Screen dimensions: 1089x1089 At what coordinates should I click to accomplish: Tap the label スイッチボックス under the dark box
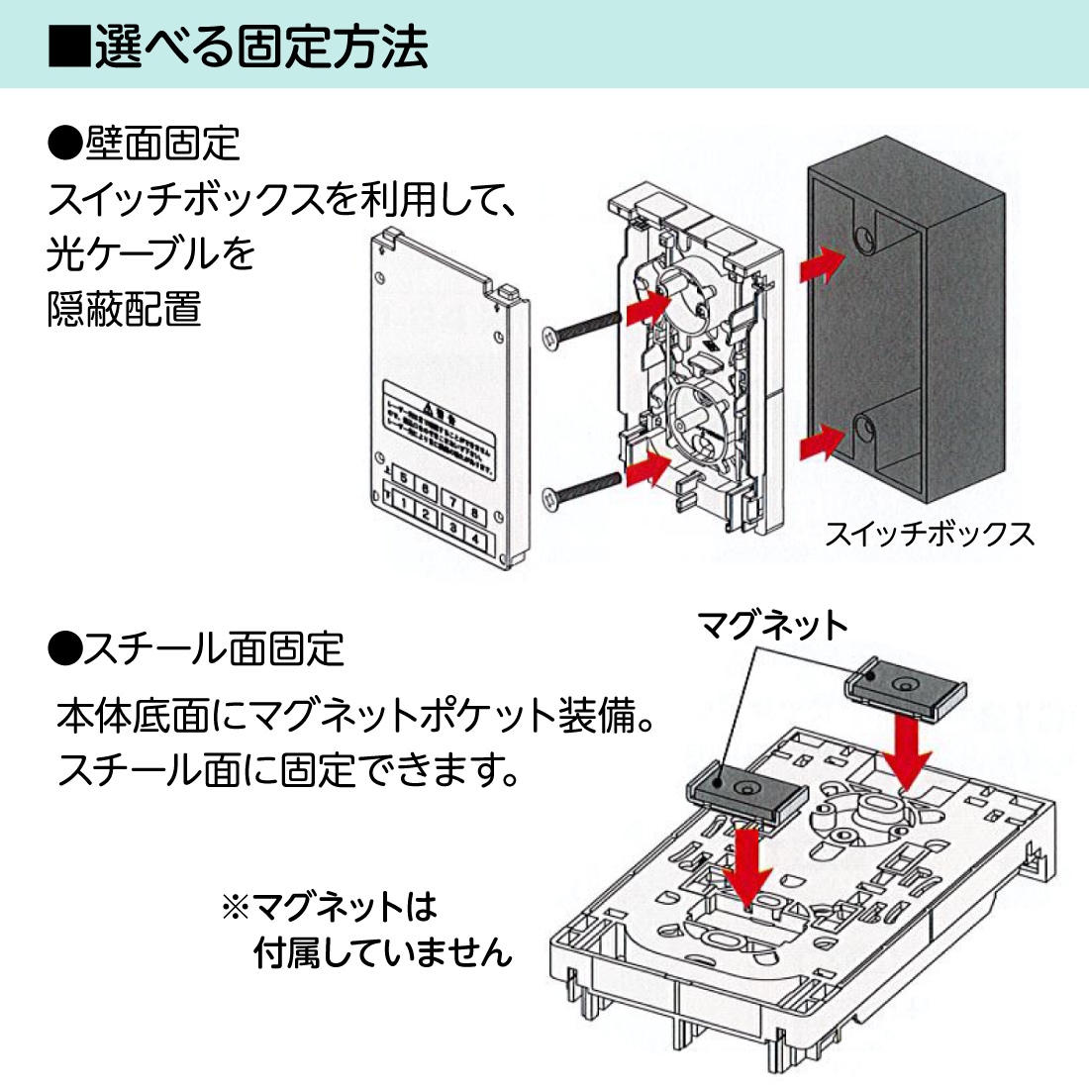[x=929, y=535]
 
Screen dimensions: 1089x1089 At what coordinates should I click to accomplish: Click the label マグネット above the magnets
[x=772, y=626]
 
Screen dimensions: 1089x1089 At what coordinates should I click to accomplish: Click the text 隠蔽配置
[x=125, y=309]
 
